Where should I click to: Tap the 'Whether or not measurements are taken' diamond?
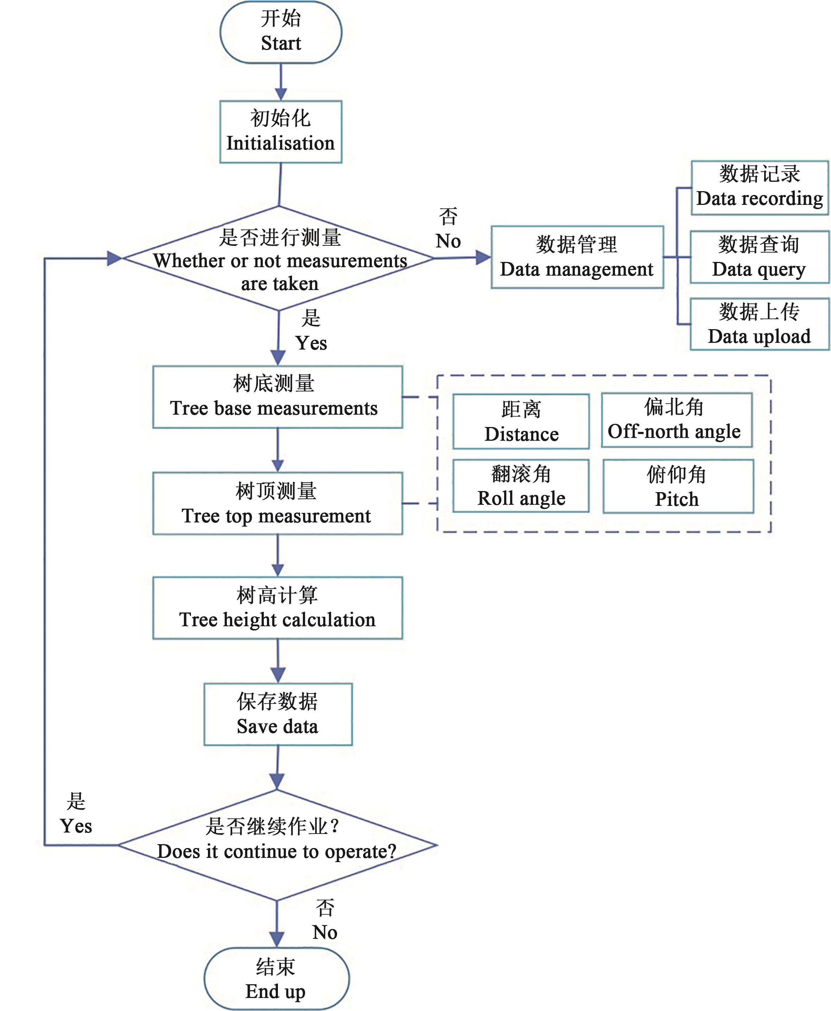pyautogui.click(x=279, y=259)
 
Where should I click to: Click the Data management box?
pyautogui.click(x=577, y=257)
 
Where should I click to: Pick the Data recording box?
pyautogui.click(x=759, y=188)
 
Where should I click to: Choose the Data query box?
pyautogui.click(x=759, y=257)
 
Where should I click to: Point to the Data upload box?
pyautogui.click(x=759, y=324)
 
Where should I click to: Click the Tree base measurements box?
pyautogui.click(x=278, y=397)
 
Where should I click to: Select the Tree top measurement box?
pyautogui.click(x=278, y=503)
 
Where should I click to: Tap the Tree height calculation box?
pyautogui.click(x=278, y=608)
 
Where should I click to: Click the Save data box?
pyautogui.click(x=278, y=714)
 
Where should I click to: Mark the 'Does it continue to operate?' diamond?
pyautogui.click(x=277, y=845)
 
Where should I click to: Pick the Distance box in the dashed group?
pyautogui.click(x=521, y=421)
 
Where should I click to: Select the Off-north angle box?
pyautogui.click(x=677, y=420)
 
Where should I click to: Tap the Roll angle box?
pyautogui.click(x=521, y=486)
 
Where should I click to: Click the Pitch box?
pyautogui.click(x=678, y=486)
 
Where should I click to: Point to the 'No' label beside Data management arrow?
pyautogui.click(x=448, y=241)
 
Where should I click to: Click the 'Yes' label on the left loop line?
pyautogui.click(x=76, y=826)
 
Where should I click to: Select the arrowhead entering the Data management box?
pyautogui.click(x=483, y=258)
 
